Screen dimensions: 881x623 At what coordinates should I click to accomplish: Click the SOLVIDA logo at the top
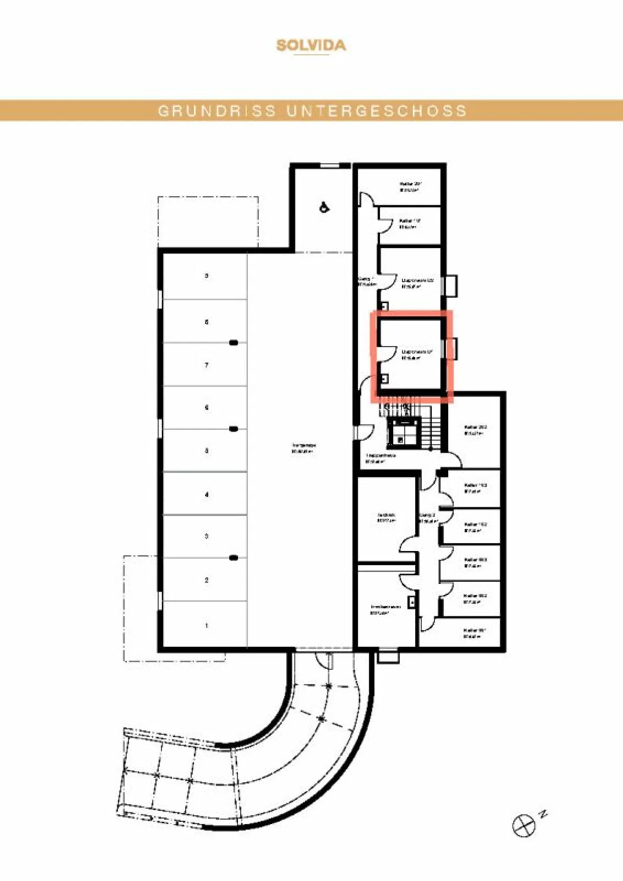click(311, 45)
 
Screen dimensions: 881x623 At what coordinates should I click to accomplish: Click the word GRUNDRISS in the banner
click(217, 111)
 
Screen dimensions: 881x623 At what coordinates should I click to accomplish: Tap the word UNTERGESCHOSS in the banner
click(376, 111)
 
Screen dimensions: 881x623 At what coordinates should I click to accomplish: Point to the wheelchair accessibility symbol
click(324, 207)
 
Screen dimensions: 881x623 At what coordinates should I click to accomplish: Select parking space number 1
click(206, 625)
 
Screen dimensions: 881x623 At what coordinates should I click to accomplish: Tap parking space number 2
click(206, 580)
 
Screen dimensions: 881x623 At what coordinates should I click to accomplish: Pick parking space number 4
click(206, 494)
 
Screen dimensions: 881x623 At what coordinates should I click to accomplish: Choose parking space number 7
click(206, 365)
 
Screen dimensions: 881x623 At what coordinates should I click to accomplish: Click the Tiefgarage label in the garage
click(304, 448)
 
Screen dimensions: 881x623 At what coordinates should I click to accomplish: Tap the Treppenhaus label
click(380, 458)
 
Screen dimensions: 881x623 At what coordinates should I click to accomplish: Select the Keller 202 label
click(475, 430)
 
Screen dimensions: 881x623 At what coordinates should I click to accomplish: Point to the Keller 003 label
click(475, 562)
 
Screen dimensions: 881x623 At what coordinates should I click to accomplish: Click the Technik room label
click(386, 517)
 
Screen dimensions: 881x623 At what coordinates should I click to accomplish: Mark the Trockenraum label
click(385, 609)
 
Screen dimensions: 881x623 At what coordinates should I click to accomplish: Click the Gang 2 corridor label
click(428, 518)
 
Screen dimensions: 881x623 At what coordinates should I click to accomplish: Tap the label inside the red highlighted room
click(417, 355)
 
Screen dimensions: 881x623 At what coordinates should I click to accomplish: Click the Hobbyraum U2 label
click(417, 283)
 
